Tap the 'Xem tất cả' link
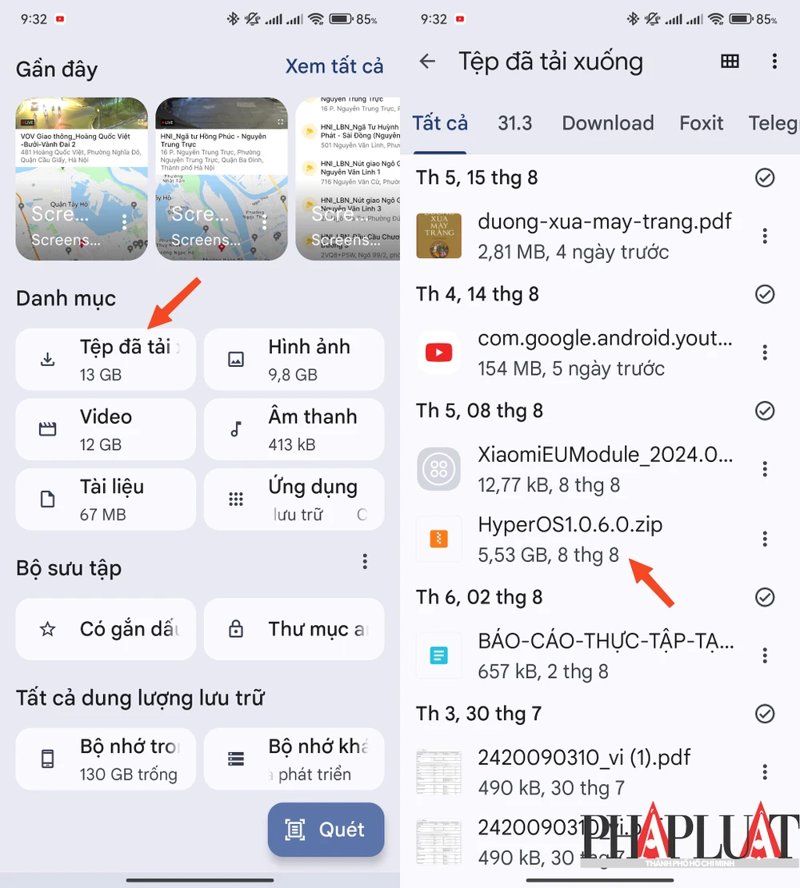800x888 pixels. coord(334,66)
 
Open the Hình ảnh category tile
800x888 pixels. coord(294,360)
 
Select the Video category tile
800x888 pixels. coord(106,429)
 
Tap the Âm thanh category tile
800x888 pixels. coord(294,429)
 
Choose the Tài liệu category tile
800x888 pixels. coord(106,500)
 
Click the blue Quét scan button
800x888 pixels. coord(326,830)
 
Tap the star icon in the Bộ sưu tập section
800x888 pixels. coord(48,629)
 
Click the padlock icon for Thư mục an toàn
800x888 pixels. coord(236,629)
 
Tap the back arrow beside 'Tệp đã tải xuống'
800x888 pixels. coord(428,62)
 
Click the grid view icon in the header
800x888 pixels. coord(730,62)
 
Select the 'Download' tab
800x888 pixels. coord(608,123)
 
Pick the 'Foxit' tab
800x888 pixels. coord(702,123)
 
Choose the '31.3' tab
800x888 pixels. coord(515,123)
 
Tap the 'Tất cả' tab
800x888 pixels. coord(440,123)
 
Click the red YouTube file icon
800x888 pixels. coord(438,352)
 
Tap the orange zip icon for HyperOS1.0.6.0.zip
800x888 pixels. coord(438,539)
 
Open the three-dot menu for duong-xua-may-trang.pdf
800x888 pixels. coord(765,236)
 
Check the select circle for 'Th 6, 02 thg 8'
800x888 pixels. coord(765,597)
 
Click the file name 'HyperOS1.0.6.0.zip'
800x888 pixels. coord(570,525)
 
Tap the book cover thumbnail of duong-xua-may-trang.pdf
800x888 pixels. coord(438,236)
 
